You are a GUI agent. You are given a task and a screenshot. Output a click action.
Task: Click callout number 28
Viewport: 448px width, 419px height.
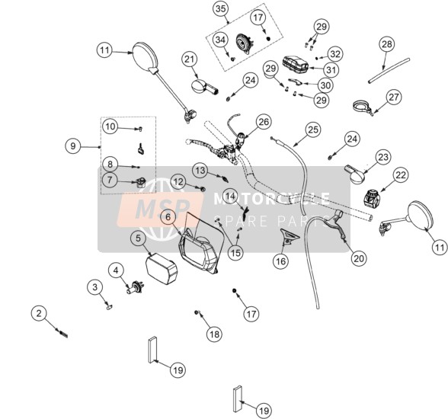pyautogui.click(x=387, y=44)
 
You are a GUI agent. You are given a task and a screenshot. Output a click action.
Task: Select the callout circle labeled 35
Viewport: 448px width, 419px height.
pyautogui.click(x=220, y=9)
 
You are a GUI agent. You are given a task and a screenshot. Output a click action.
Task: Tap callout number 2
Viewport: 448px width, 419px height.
pyautogui.click(x=39, y=313)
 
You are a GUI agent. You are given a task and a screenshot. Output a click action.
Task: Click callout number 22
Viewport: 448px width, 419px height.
pyautogui.click(x=401, y=174)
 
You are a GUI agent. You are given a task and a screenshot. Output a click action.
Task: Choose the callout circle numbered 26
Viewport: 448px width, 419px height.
pyautogui.click(x=264, y=122)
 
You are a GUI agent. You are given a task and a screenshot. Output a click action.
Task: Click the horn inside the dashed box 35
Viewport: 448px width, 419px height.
pyautogui.click(x=245, y=44)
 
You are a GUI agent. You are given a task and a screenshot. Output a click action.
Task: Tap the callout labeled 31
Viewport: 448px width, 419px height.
pyautogui.click(x=331, y=69)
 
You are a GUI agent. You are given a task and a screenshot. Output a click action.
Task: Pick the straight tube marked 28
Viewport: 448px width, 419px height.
pyautogui.click(x=389, y=70)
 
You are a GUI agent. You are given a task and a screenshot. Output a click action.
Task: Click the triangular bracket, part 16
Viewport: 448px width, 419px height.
pyautogui.click(x=290, y=236)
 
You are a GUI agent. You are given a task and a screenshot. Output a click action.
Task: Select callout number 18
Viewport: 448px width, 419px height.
pyautogui.click(x=215, y=334)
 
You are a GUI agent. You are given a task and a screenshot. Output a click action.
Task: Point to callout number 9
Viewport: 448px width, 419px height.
pyautogui.click(x=73, y=146)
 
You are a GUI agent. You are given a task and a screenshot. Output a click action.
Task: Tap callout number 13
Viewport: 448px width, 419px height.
pyautogui.click(x=200, y=171)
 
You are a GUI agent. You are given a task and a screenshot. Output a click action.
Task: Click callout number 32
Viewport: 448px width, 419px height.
pyautogui.click(x=335, y=54)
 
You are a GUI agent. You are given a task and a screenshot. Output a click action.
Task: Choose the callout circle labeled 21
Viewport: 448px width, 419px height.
pyautogui.click(x=190, y=59)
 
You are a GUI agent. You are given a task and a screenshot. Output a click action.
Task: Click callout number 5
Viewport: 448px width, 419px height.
pyautogui.click(x=139, y=238)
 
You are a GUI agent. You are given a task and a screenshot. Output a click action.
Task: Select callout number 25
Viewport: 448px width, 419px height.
pyautogui.click(x=313, y=130)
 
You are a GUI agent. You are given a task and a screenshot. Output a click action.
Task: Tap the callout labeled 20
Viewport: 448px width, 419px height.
pyautogui.click(x=359, y=258)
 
